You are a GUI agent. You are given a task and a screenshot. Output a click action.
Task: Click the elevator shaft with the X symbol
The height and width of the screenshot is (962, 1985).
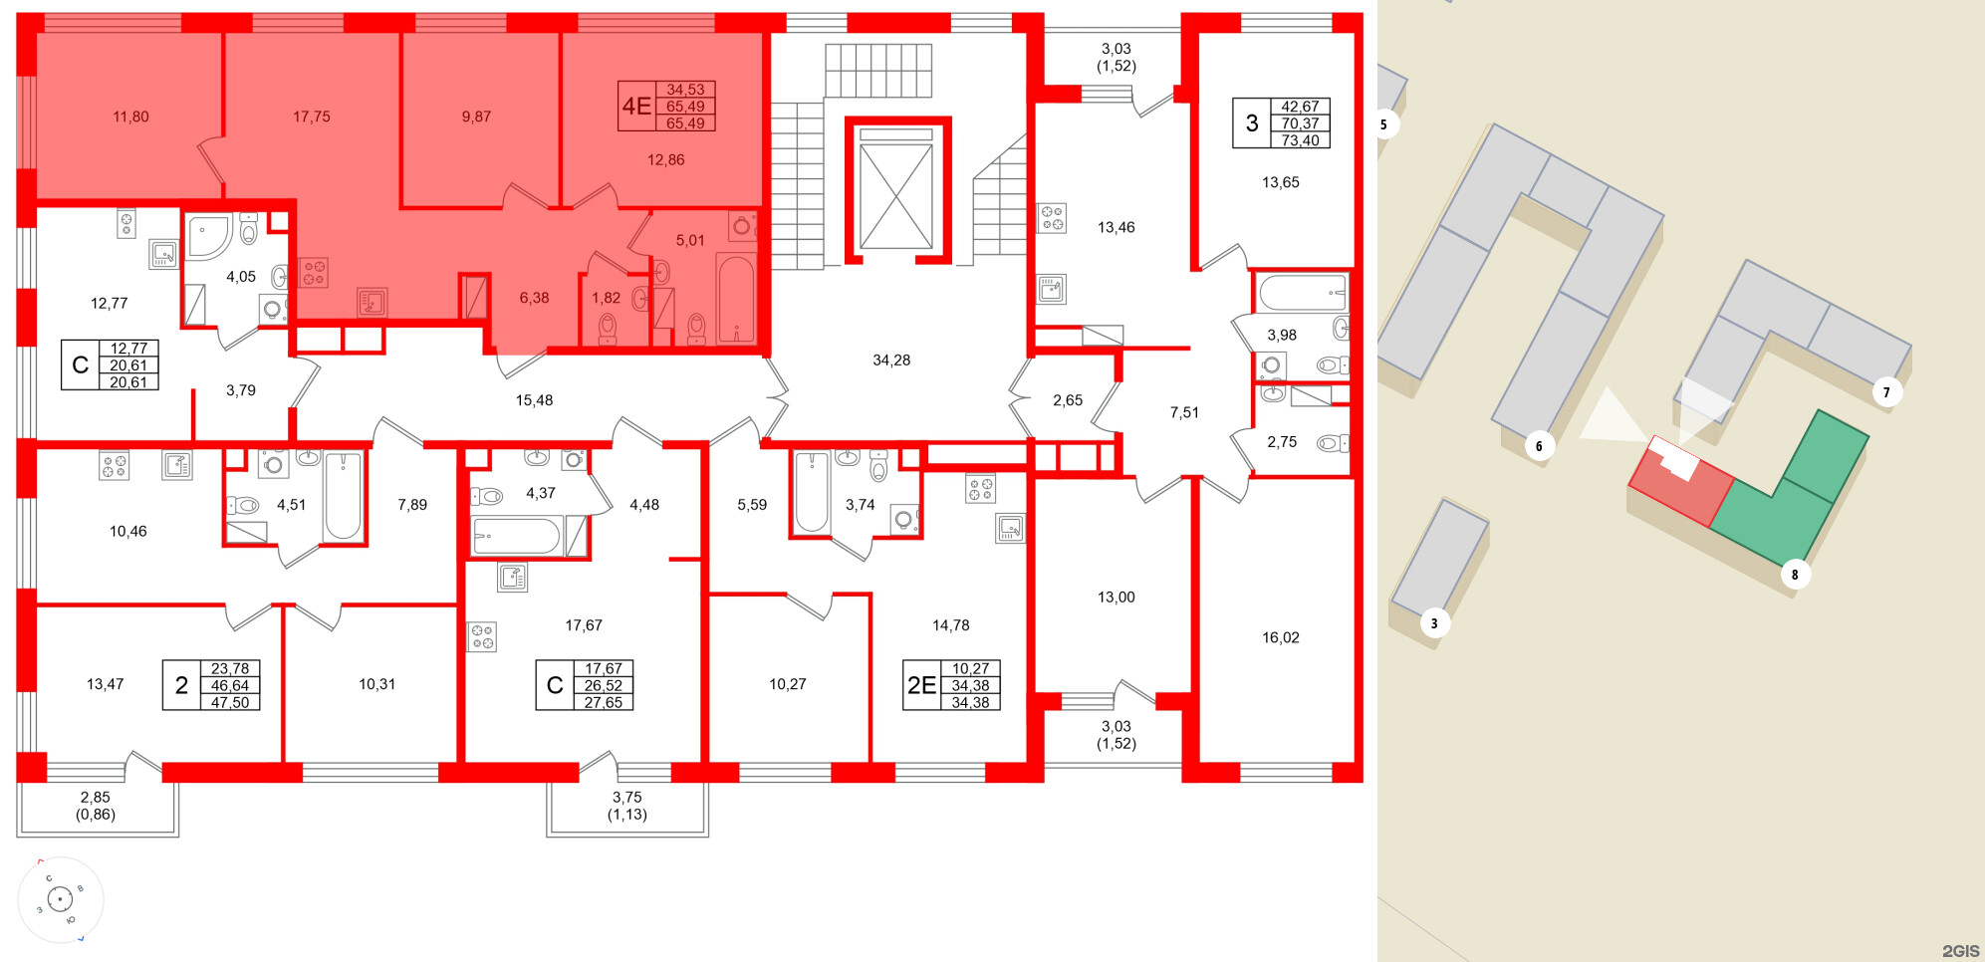click(x=895, y=194)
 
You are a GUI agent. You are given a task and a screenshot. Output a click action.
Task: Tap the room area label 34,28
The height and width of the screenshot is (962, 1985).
click(x=891, y=361)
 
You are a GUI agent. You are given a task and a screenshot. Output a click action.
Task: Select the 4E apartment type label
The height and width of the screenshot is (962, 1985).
click(x=636, y=107)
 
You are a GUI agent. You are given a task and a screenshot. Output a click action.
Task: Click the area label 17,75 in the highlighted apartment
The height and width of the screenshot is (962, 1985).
click(x=311, y=117)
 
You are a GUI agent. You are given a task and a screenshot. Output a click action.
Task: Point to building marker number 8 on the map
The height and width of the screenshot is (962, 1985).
click(x=1795, y=575)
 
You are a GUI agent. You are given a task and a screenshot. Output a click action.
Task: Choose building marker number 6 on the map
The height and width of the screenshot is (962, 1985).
click(x=1539, y=446)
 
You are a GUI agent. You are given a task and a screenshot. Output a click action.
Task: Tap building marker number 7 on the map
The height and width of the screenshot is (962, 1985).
click(x=1886, y=392)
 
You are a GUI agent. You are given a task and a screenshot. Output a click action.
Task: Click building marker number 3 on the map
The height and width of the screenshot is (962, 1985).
click(x=1434, y=624)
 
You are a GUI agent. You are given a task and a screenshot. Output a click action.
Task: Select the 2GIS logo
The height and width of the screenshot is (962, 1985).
click(x=1960, y=951)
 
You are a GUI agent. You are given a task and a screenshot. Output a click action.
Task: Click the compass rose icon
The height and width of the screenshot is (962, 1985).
click(x=61, y=900)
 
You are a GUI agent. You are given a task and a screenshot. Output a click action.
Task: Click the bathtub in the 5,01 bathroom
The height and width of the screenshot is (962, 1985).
click(x=736, y=298)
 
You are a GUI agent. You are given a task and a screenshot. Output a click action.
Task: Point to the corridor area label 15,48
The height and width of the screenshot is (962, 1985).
click(x=534, y=400)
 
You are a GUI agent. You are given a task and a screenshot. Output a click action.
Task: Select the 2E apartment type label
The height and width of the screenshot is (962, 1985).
click(x=921, y=685)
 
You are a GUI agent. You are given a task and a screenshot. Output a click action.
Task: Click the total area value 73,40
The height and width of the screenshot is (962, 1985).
click(x=1300, y=140)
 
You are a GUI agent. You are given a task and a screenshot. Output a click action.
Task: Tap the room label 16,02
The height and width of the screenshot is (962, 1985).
click(x=1280, y=637)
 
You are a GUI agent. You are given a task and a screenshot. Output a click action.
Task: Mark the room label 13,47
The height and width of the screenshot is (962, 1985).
click(x=106, y=684)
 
